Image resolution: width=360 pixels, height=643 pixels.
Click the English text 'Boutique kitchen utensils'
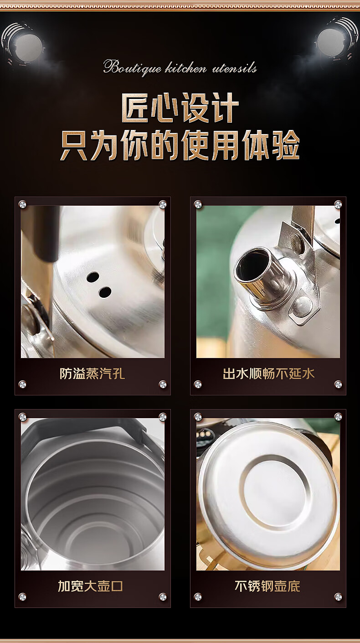[x=180, y=68]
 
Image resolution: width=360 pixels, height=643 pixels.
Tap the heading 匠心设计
[x=180, y=108]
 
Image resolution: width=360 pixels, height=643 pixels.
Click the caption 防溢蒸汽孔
[x=92, y=374]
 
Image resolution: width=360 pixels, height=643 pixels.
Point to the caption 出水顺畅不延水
[x=268, y=374]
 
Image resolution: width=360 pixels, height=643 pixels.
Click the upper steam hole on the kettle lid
[x=93, y=277]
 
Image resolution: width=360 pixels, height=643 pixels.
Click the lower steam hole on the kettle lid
[x=105, y=292]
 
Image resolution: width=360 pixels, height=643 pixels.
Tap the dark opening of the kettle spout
[x=252, y=264]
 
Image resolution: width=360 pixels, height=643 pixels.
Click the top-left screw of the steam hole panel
[x=22, y=204]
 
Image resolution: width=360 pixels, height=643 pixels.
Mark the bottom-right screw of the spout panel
[x=338, y=384]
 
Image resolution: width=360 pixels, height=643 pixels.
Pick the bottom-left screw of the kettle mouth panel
[x=22, y=597]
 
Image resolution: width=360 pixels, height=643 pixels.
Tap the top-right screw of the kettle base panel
[x=338, y=417]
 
